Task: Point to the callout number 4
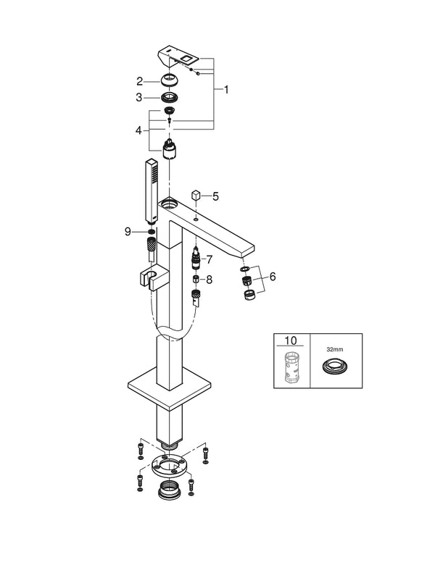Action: click(140, 131)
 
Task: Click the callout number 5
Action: click(215, 196)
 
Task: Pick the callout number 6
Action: click(273, 276)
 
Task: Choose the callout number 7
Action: click(210, 259)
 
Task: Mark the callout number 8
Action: click(210, 278)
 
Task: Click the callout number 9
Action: click(128, 232)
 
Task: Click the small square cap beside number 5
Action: click(195, 196)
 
